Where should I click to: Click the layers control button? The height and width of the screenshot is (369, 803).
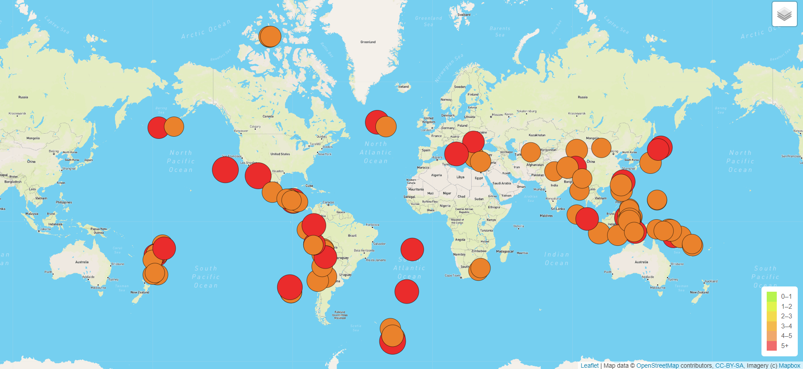(784, 14)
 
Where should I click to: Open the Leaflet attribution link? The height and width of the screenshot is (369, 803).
(589, 366)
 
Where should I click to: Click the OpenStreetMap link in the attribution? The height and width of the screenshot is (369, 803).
(657, 366)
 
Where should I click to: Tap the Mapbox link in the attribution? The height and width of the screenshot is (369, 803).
(789, 366)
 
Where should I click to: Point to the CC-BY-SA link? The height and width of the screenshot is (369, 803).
(729, 366)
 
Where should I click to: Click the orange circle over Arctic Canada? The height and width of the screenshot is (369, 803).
(270, 37)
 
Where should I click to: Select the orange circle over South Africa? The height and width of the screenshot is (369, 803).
(480, 269)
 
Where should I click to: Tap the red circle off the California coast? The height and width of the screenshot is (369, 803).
(225, 170)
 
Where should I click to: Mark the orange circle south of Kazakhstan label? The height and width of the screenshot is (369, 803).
(531, 152)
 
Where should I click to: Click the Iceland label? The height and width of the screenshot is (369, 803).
(403, 86)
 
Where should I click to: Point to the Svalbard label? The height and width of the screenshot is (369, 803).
(464, 15)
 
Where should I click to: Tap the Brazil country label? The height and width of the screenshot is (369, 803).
(352, 236)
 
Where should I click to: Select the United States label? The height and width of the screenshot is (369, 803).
(280, 154)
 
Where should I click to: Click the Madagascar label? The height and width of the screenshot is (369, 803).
(505, 252)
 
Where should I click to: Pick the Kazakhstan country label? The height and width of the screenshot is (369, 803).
(537, 135)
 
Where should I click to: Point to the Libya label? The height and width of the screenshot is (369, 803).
(460, 177)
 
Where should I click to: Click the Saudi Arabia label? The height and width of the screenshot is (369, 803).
(501, 183)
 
